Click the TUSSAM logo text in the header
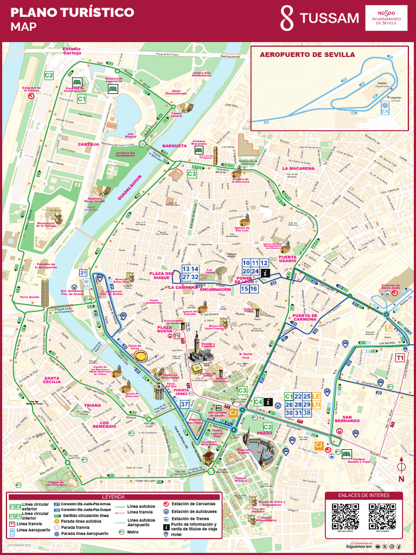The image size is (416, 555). tap(329, 18)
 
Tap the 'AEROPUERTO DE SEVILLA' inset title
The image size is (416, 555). tap(307, 55)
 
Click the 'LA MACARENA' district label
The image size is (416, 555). tap(298, 169)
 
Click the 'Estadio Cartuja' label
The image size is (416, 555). tap(71, 50)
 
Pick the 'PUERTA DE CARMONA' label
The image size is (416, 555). tap(304, 318)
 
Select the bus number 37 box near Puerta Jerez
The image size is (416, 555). tap(185, 404)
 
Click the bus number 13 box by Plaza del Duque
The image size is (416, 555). tap(186, 269)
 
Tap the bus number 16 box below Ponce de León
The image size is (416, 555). tap(253, 289)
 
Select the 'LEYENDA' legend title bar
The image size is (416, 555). tap(114, 496)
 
